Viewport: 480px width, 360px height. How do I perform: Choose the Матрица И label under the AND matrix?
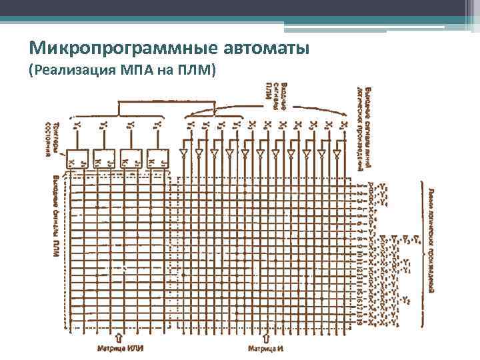[267, 347]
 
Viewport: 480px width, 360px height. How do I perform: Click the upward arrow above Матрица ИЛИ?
[119, 337]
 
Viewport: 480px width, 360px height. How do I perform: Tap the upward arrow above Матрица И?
[268, 337]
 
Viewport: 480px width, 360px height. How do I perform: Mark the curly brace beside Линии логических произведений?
[423, 253]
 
